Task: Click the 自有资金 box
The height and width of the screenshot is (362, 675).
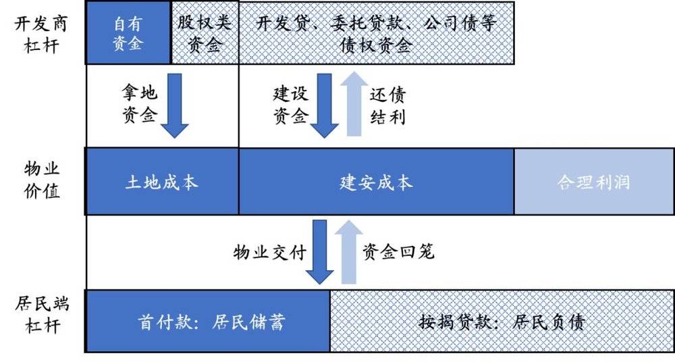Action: click(x=128, y=32)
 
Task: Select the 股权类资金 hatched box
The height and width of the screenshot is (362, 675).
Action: click(x=205, y=32)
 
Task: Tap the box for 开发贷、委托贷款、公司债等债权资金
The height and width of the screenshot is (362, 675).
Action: click(x=376, y=32)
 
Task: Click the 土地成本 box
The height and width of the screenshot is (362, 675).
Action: click(x=162, y=182)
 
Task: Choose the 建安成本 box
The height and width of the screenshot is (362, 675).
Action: click(x=376, y=182)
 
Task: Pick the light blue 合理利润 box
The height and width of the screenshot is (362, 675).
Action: click(x=594, y=182)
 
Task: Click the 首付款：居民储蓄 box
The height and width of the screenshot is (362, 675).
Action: click(x=208, y=321)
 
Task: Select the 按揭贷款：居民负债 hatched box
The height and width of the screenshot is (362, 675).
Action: click(x=502, y=321)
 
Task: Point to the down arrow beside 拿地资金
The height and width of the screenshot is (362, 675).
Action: click(x=174, y=105)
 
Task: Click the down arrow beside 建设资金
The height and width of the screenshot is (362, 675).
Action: click(x=324, y=105)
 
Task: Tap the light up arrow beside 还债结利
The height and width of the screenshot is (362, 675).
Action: click(x=354, y=104)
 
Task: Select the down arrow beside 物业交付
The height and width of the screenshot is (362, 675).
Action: click(x=319, y=252)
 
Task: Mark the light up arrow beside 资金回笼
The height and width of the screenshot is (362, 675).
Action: click(x=349, y=252)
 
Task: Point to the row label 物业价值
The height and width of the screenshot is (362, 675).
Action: click(x=41, y=180)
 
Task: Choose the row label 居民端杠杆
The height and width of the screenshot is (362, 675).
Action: click(x=41, y=314)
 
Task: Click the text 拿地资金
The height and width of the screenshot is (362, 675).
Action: click(x=140, y=104)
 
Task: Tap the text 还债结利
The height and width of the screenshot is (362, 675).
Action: click(x=387, y=105)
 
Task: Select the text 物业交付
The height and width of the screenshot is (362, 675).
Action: click(x=270, y=252)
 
